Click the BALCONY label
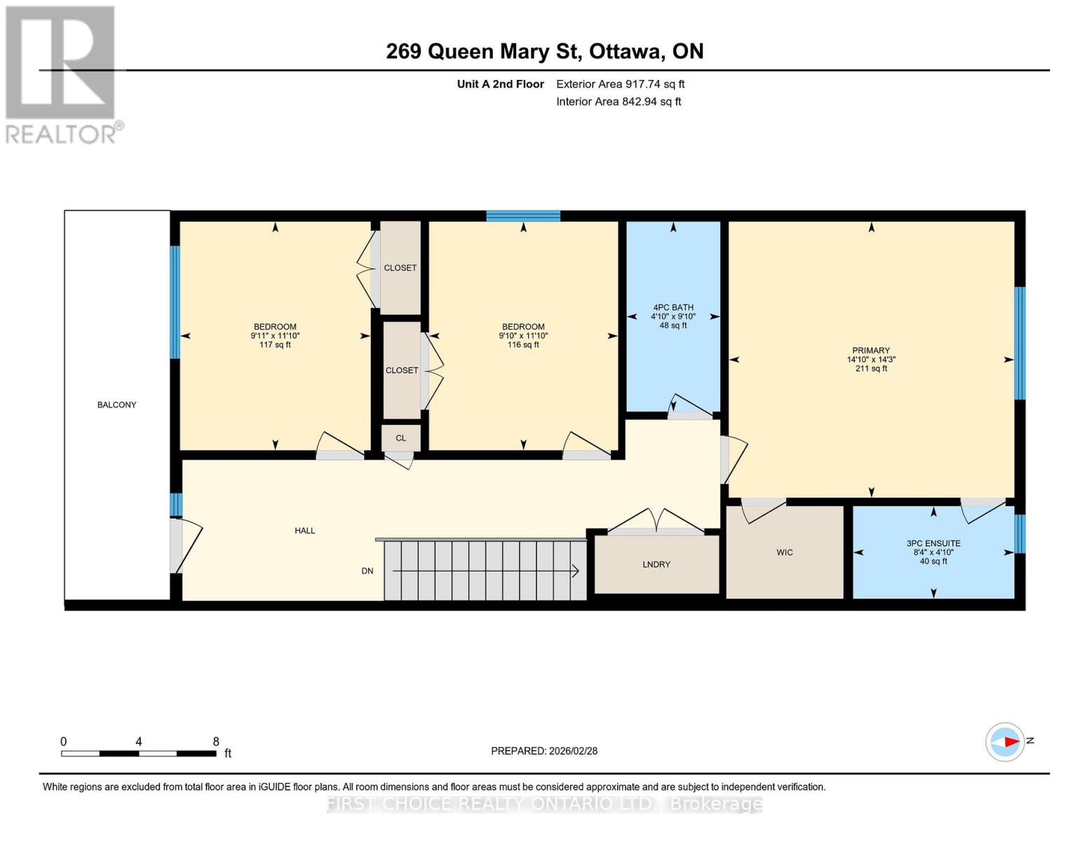tap(116, 405)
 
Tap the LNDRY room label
tap(656, 564)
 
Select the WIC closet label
tap(785, 552)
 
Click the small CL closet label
tap(400, 438)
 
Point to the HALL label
tap(304, 530)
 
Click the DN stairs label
tap(367, 571)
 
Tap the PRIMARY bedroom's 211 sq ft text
tap(871, 368)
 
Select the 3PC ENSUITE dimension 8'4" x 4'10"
tap(933, 552)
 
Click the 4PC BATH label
tap(673, 307)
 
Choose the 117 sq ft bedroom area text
tap(275, 345)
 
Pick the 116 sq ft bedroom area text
tap(523, 345)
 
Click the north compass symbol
tap(1006, 742)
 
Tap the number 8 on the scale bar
tap(216, 742)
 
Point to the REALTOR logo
tap(62, 74)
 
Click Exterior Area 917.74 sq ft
tap(620, 84)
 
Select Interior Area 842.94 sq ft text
tap(618, 102)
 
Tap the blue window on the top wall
tap(523, 215)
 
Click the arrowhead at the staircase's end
tap(575, 571)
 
